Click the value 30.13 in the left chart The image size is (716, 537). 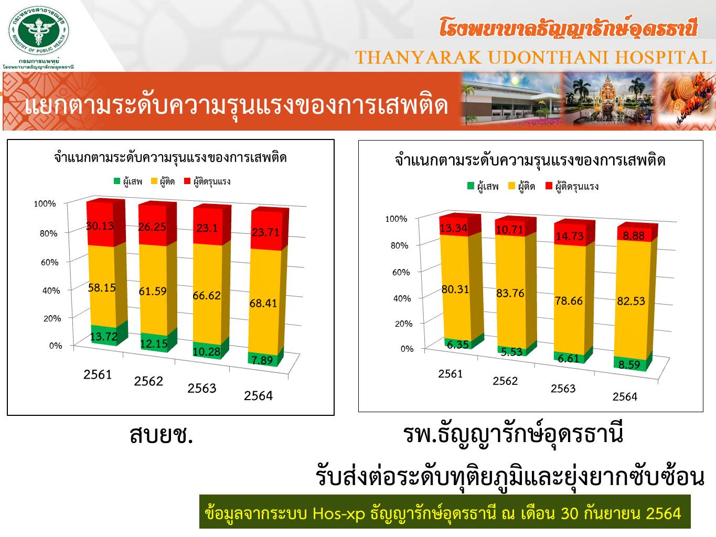(100, 225)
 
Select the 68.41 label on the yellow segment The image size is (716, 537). (263, 303)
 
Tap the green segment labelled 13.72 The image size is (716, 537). (104, 336)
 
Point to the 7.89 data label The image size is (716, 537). (262, 360)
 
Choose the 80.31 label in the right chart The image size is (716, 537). (455, 289)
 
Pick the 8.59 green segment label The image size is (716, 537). (629, 364)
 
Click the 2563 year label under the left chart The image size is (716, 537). (201, 388)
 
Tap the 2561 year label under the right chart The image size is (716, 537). (450, 374)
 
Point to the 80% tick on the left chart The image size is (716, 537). (49, 233)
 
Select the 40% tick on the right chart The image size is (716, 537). (402, 298)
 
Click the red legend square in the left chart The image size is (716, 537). (187, 180)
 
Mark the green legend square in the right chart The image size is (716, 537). (471, 186)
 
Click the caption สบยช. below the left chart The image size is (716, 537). (162, 435)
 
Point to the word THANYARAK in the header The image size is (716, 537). (419, 57)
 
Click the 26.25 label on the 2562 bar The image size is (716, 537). (152, 227)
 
